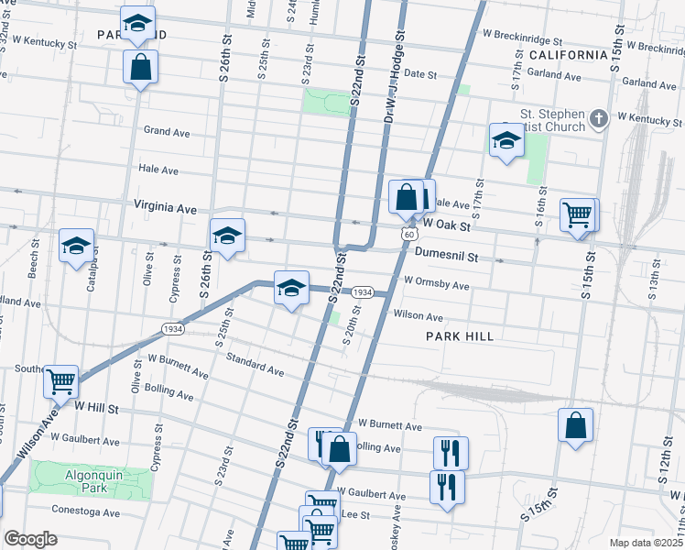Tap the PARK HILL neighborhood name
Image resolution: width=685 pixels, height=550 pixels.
pyautogui.click(x=460, y=336)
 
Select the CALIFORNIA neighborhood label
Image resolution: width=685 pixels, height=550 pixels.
pyautogui.click(x=568, y=55)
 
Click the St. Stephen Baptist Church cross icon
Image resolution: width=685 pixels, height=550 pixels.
pyautogui.click(x=598, y=118)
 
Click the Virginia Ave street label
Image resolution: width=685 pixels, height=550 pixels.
pyautogui.click(x=165, y=208)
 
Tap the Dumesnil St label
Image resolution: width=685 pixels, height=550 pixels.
pyautogui.click(x=446, y=258)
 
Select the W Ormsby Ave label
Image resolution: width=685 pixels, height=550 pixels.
pyautogui.click(x=436, y=286)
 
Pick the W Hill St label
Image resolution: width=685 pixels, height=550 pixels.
pyautogui.click(x=97, y=406)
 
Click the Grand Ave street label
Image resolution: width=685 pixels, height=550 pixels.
pyautogui.click(x=167, y=132)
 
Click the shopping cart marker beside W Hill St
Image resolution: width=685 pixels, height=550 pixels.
pyautogui.click(x=60, y=380)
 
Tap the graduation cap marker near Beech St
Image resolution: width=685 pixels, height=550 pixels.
pyautogui.click(x=77, y=245)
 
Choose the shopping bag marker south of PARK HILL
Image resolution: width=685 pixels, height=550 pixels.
pyautogui.click(x=574, y=424)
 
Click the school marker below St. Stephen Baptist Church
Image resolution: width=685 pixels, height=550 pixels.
pyautogui.click(x=505, y=140)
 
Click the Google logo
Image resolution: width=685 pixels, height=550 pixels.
pyautogui.click(x=30, y=539)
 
